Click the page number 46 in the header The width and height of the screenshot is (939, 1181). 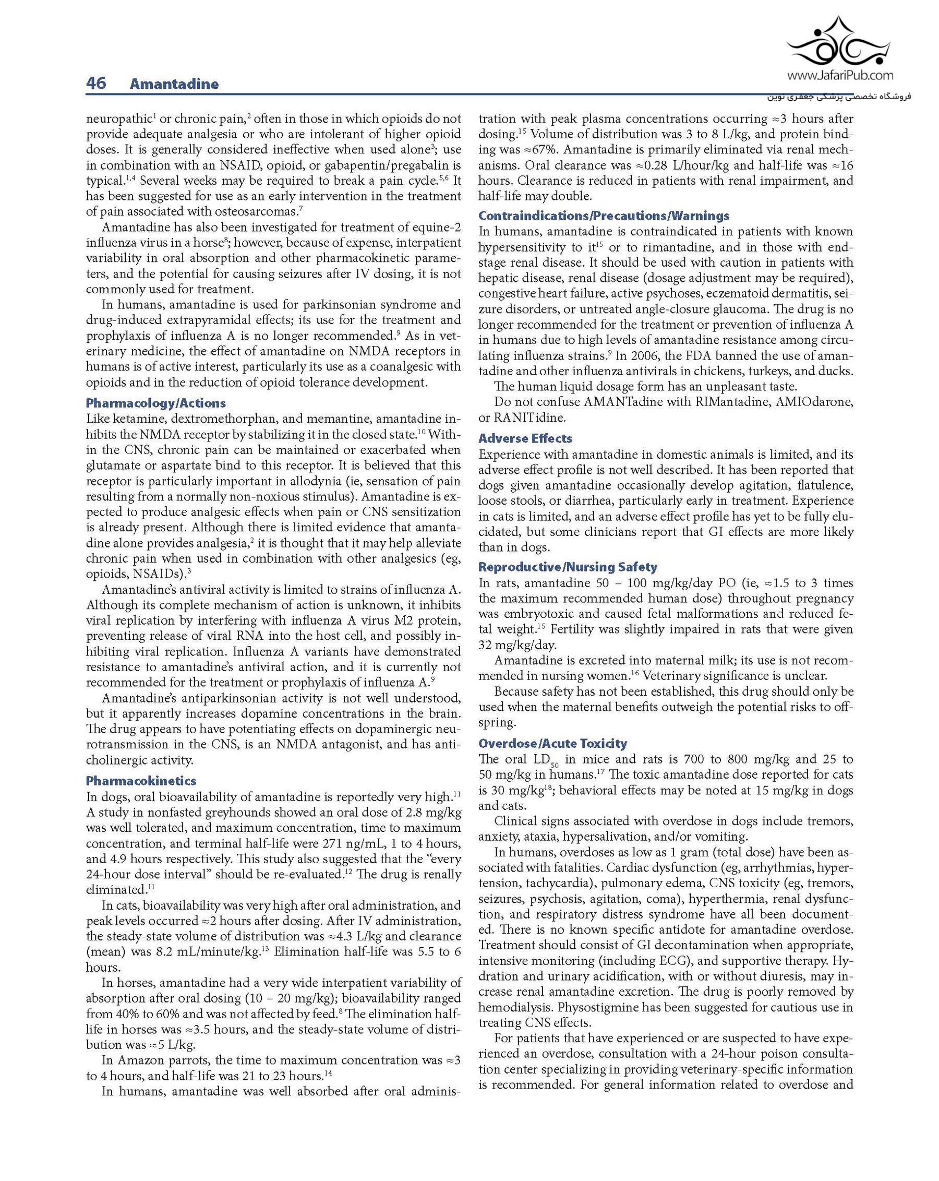[x=96, y=83]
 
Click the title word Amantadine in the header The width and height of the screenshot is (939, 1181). [x=174, y=85]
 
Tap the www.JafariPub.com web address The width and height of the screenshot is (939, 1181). [x=840, y=76]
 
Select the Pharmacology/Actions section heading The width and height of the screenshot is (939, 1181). [x=155, y=403]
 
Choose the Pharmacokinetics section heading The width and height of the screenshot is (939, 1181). [x=141, y=781]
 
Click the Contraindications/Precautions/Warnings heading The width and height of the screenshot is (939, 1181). [x=604, y=216]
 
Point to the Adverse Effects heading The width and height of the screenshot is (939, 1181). [x=525, y=438]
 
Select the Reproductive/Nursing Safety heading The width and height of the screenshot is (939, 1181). [x=568, y=567]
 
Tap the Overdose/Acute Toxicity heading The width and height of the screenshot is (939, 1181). [x=552, y=743]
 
